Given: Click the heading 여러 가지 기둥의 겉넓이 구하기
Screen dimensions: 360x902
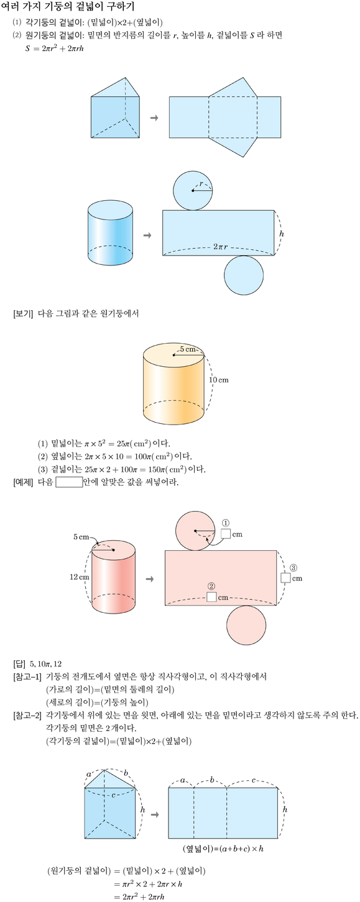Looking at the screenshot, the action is click(68, 7).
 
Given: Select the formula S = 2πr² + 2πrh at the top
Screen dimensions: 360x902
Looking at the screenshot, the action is click(54, 48).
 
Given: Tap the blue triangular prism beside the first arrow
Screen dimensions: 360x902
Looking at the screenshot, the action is click(116, 108).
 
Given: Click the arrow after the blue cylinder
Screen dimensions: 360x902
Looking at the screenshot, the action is click(147, 235).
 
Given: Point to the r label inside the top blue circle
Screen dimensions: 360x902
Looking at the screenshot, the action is click(201, 184).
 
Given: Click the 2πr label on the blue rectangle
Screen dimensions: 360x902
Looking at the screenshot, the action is click(220, 246).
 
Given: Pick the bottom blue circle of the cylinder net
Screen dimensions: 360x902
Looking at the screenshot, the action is click(244, 275).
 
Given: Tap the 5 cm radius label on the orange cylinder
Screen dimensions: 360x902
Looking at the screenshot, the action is click(188, 349).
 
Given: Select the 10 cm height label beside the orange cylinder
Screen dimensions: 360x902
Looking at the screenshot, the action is click(219, 380).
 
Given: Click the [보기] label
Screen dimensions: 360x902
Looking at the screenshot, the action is click(23, 314).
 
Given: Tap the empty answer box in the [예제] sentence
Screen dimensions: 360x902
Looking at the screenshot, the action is click(69, 482).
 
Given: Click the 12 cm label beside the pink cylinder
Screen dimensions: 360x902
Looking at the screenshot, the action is click(80, 577).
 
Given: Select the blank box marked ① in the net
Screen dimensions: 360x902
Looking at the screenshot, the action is click(226, 533).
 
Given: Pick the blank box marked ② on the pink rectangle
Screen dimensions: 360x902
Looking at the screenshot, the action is click(212, 597).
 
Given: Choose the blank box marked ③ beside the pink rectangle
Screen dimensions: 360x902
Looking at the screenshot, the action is click(285, 578).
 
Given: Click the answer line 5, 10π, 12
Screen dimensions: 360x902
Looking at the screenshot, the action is click(45, 664).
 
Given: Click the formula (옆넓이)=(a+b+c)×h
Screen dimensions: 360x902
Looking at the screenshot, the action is click(223, 849).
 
